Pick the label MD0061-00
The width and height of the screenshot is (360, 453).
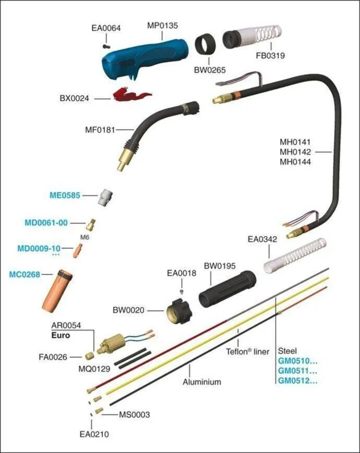46,223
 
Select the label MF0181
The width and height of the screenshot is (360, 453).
99,128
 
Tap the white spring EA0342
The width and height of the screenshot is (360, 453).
294,256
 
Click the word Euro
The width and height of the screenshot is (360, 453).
61,336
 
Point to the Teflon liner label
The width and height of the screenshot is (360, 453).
247,352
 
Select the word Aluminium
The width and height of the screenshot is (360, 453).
201,382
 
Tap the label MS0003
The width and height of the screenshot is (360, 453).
134,414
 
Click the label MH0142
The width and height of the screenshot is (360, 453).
295,152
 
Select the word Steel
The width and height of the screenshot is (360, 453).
288,350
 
